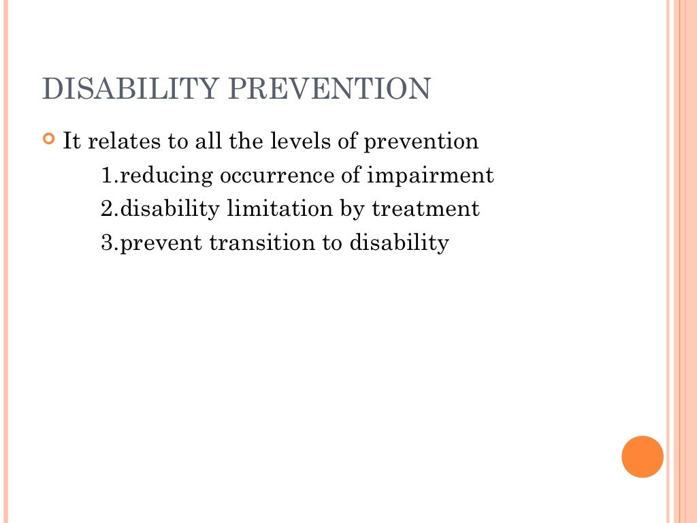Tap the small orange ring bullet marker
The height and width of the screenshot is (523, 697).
[x=48, y=140]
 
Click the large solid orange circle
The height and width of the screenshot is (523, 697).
[x=642, y=456]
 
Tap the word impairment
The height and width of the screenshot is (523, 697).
[x=430, y=176]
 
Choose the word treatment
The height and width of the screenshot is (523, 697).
[x=425, y=209]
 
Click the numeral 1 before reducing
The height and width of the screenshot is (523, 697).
[x=106, y=176]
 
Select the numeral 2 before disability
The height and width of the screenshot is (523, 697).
[x=106, y=209]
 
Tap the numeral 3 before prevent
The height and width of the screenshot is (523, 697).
[x=106, y=243]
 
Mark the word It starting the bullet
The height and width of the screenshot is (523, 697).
[x=71, y=142]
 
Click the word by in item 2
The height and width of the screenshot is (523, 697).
[x=352, y=210]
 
